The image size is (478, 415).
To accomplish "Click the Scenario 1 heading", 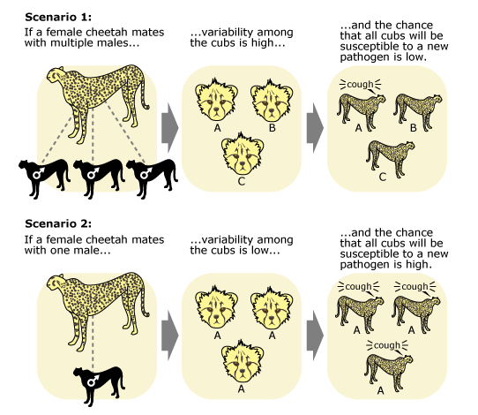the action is point(58,17).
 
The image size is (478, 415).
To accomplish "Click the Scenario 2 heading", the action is point(58,224).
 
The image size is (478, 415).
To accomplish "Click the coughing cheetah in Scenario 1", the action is point(362,112).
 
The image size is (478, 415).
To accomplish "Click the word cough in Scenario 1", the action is point(360,84).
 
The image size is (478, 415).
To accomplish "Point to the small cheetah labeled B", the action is point(418,112).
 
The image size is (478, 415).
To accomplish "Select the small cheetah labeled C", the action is point(390,159).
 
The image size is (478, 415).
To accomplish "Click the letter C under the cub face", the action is point(242,182).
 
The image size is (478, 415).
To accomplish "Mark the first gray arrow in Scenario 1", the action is point(169,128).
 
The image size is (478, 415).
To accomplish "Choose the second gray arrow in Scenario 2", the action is point(315,336).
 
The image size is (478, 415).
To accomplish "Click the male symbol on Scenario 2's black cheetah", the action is point(93,381).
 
